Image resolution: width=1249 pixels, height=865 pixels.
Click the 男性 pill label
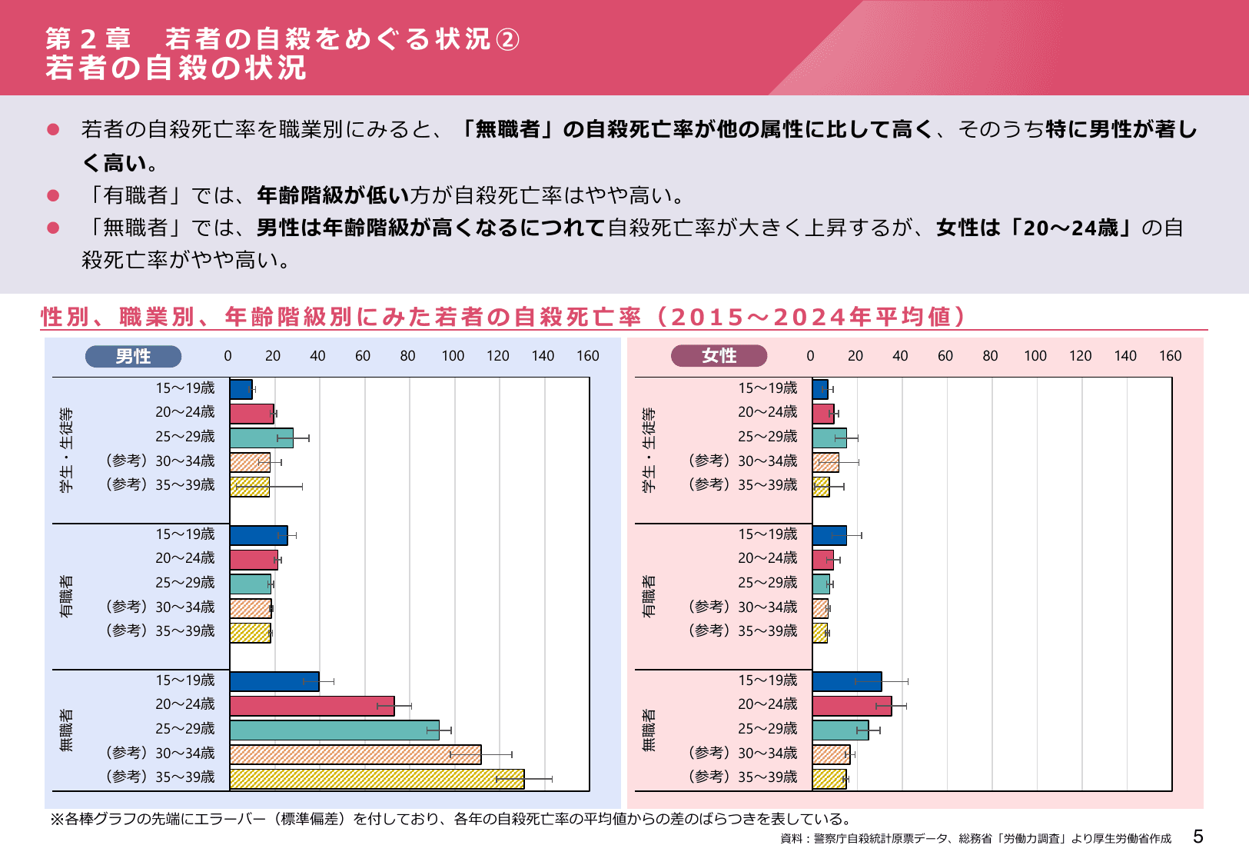(133, 356)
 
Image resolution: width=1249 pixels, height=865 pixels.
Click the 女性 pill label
(719, 355)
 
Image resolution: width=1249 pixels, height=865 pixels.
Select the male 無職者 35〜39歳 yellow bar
(377, 779)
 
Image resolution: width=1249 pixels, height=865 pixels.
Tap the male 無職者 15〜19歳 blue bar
(274, 681)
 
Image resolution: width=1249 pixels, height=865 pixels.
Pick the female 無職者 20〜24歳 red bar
(851, 706)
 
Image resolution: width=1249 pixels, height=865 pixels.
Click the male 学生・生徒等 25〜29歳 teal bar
(261, 438)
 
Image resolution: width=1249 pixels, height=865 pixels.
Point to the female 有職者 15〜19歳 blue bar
(829, 535)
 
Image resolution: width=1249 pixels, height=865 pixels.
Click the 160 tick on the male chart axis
(587, 356)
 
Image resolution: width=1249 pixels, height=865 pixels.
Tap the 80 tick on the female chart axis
(990, 356)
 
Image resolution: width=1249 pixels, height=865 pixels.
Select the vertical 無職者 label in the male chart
(67, 730)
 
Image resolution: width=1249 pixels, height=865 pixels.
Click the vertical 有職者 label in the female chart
(649, 596)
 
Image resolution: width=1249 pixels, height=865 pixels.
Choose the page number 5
(1198, 837)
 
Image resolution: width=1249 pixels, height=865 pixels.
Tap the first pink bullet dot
(53, 129)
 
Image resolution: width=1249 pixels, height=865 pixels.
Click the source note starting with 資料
(975, 838)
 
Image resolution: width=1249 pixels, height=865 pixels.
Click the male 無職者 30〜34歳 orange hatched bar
(355, 754)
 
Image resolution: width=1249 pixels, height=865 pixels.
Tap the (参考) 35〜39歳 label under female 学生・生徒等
(743, 485)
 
